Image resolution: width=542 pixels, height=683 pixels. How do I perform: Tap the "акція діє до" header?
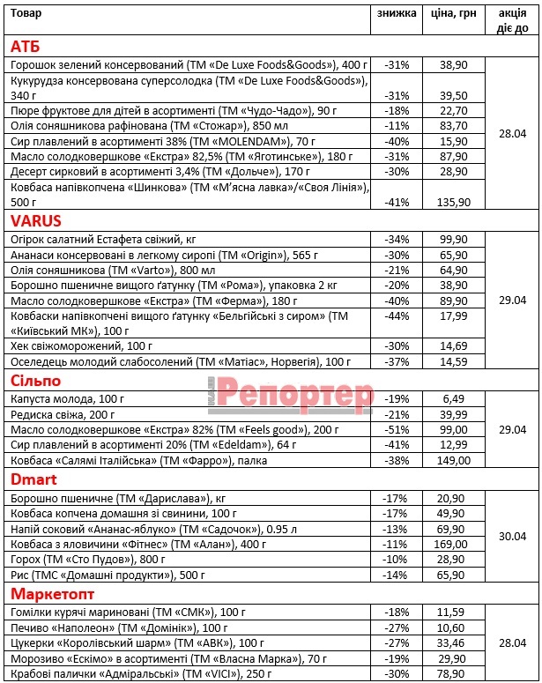[512, 20]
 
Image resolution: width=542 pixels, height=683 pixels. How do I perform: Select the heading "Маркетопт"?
[51, 593]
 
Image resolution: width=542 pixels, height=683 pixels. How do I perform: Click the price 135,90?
[453, 202]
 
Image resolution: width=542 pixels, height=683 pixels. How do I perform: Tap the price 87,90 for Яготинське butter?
[453, 156]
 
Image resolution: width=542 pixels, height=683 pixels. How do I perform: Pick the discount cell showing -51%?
[397, 428]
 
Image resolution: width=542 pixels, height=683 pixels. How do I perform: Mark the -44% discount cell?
[397, 316]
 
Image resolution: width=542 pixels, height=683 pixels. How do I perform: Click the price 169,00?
[453, 544]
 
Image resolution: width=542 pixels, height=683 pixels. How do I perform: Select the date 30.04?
[512, 536]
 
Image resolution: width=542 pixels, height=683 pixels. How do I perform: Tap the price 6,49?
[453, 397]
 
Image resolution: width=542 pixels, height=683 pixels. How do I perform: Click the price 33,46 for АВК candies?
[453, 642]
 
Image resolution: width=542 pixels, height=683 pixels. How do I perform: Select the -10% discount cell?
[397, 560]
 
